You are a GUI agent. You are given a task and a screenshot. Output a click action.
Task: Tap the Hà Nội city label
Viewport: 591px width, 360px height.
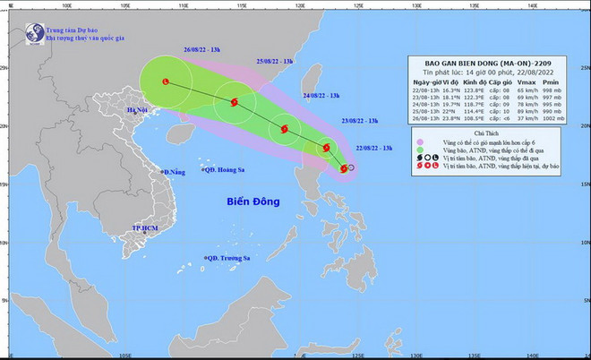pyautogui.click(x=137, y=111)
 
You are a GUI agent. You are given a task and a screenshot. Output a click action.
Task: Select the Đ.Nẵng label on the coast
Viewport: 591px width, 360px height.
pyautogui.click(x=173, y=171)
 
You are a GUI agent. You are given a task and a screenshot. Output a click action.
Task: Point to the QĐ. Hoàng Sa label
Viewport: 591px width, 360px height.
pyautogui.click(x=226, y=171)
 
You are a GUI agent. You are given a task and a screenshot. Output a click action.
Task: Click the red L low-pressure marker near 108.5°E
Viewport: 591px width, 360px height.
pyautogui.click(x=166, y=81)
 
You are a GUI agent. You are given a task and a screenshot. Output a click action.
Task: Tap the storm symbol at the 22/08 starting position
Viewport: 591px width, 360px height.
pyautogui.click(x=344, y=167)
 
